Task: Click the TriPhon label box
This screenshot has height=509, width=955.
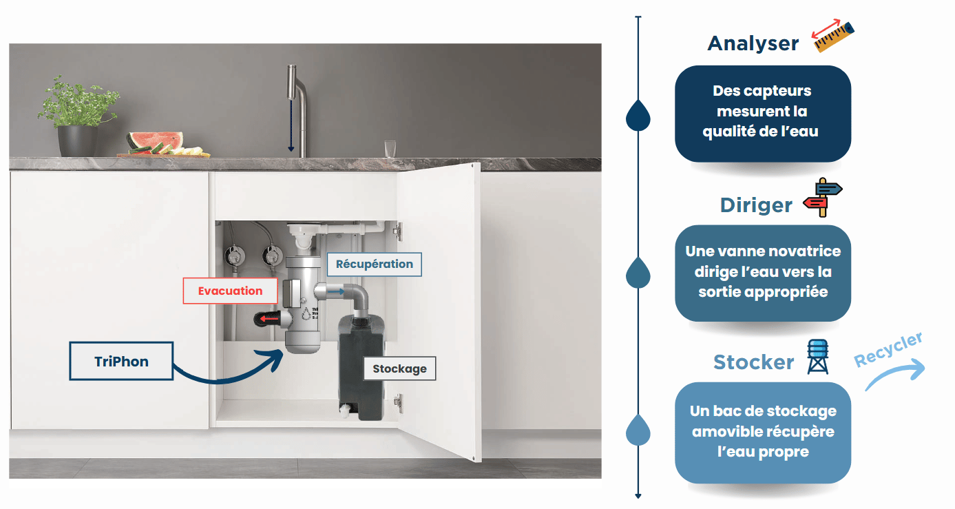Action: coord(121,362)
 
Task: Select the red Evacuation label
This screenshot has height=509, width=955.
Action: coord(230,291)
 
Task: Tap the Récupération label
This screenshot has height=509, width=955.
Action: coord(374,264)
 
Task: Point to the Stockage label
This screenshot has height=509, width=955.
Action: coord(399,368)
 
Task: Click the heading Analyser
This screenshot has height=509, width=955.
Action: coord(753,43)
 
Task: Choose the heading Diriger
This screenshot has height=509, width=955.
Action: coord(756,205)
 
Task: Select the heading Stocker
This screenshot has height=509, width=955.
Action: coord(754,362)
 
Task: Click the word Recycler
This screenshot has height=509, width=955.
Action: coord(888,350)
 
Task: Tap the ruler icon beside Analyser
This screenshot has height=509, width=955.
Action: coord(833,37)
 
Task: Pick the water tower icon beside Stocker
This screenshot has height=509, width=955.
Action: coord(817,357)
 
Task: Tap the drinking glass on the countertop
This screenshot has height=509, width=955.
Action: coord(390,148)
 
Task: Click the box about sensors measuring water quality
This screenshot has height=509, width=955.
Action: coord(762,113)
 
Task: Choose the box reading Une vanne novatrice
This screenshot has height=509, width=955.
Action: coord(762,272)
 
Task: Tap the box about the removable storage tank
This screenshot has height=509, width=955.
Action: coord(762,432)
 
